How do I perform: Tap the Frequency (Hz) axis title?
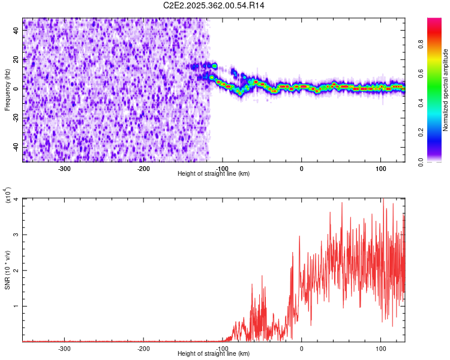tap(7, 90)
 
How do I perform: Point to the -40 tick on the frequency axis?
tap(16, 146)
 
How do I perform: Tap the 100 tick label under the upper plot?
tap(380, 168)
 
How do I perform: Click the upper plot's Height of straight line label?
tap(214, 173)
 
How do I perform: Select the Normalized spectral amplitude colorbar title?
tap(445, 90)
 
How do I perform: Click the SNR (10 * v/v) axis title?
tap(7, 270)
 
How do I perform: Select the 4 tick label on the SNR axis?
tap(17, 199)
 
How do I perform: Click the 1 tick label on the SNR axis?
tap(17, 306)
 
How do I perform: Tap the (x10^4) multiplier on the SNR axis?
tap(7, 196)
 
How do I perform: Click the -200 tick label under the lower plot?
tap(143, 348)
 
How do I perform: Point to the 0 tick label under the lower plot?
tap(301, 348)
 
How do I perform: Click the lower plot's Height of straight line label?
tap(214, 353)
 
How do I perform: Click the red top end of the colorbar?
tap(434, 20)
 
